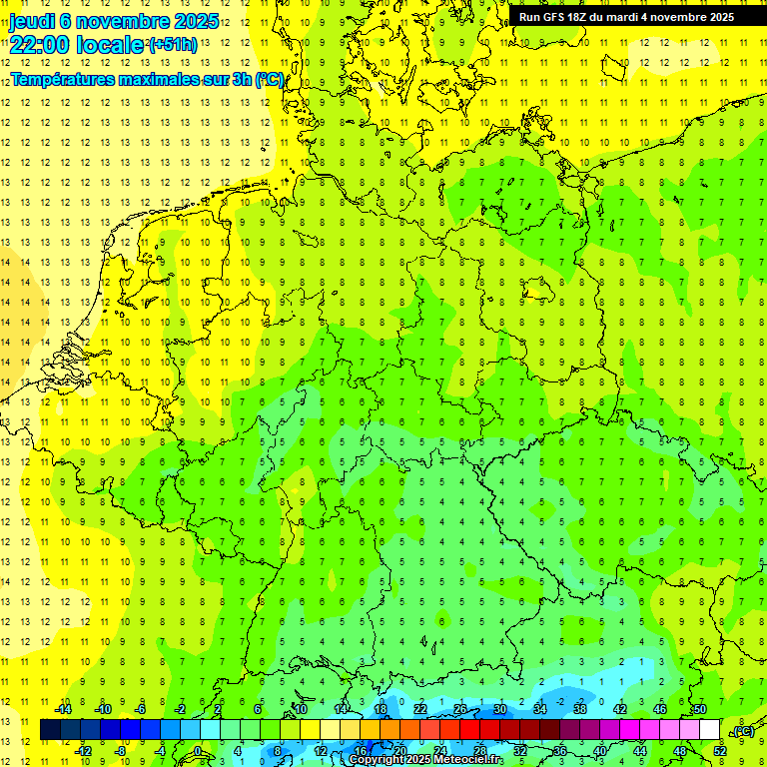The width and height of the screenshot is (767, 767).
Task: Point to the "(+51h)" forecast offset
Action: [173, 45]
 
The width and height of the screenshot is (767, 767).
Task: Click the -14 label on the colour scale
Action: [63, 709]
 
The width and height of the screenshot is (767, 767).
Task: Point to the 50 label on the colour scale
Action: [699, 709]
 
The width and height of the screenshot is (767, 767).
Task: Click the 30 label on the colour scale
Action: [499, 709]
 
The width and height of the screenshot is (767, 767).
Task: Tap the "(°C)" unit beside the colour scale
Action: [742, 731]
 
